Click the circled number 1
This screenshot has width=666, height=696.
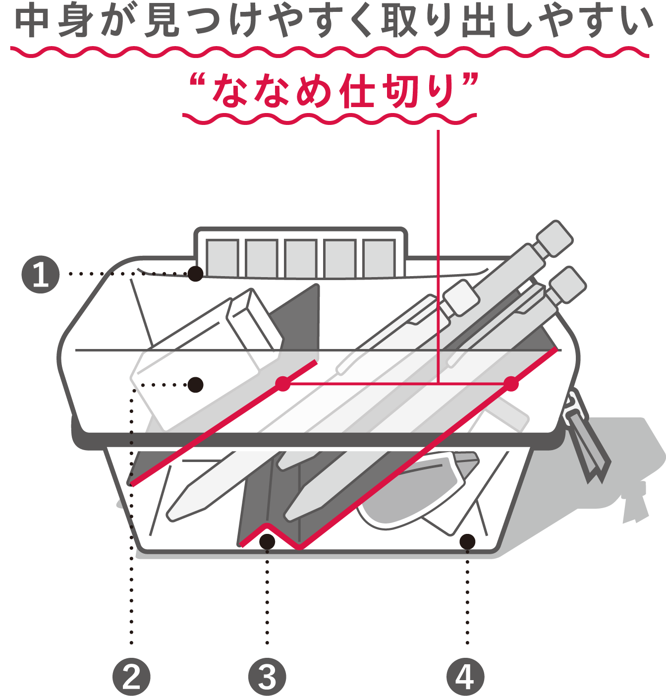pyautogui.click(x=41, y=274)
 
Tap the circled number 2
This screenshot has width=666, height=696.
pyautogui.click(x=131, y=677)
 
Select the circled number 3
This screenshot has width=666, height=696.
pyautogui.click(x=267, y=677)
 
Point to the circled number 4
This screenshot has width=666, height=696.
pyautogui.click(x=465, y=677)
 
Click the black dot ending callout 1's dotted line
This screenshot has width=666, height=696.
pyautogui.click(x=196, y=274)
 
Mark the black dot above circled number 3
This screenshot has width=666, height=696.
pyautogui.click(x=267, y=542)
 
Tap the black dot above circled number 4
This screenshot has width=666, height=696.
pyautogui.click(x=467, y=542)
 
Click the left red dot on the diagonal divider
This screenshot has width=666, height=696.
pyautogui.click(x=283, y=384)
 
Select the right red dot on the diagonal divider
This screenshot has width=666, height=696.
pyautogui.click(x=511, y=384)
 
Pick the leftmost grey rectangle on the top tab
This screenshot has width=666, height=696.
pyautogui.click(x=222, y=258)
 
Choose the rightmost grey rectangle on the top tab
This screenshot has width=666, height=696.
pyautogui.click(x=379, y=258)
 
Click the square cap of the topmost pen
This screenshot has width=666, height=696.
pyautogui.click(x=555, y=238)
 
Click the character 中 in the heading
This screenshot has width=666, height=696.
pyautogui.click(x=32, y=20)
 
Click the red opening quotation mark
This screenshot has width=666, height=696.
pyautogui.click(x=197, y=79)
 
